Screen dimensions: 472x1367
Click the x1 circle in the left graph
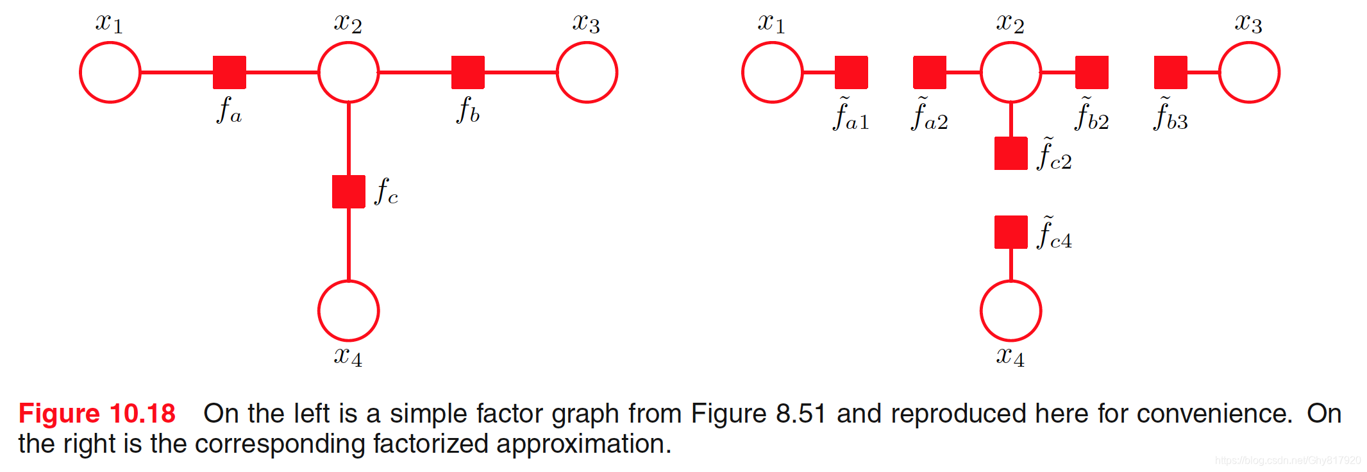pyautogui.click(x=110, y=72)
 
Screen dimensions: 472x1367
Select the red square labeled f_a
pyautogui.click(x=230, y=72)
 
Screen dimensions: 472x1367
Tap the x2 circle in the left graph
pyautogui.click(x=349, y=72)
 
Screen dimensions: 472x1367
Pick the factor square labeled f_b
pyautogui.click(x=468, y=72)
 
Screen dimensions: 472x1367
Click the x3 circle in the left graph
pyautogui.click(x=587, y=72)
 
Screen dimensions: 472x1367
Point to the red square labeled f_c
pyautogui.click(x=349, y=192)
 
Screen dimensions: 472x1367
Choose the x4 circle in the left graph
pyautogui.click(x=349, y=311)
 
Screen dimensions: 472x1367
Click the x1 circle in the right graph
pyautogui.click(x=773, y=72)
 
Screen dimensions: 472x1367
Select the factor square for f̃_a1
pyautogui.click(x=851, y=72)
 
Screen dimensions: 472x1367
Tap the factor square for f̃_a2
pyautogui.click(x=930, y=72)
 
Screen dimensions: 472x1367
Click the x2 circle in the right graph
pyautogui.click(x=1011, y=72)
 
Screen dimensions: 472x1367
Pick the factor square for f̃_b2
pyautogui.click(x=1092, y=72)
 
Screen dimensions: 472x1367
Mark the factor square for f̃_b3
pyautogui.click(x=1171, y=72)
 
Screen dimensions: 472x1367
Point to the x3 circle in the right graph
pyautogui.click(x=1250, y=72)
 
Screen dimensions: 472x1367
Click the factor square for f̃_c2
pyautogui.click(x=1011, y=153)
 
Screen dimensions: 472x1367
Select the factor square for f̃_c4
pyautogui.click(x=1011, y=232)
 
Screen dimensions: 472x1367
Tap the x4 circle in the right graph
pyautogui.click(x=1011, y=311)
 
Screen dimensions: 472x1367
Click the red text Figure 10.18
pyautogui.click(x=97, y=414)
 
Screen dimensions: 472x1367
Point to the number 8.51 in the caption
pyautogui.click(x=800, y=414)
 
